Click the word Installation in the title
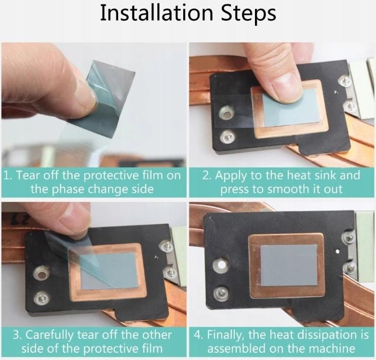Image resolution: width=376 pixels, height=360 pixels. point(156,13)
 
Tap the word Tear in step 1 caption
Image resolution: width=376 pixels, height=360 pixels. point(27,175)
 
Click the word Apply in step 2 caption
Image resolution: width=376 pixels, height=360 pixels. point(231,176)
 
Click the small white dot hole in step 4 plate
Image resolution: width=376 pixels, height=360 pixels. point(338,251)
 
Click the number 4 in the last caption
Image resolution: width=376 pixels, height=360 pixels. point(199,335)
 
